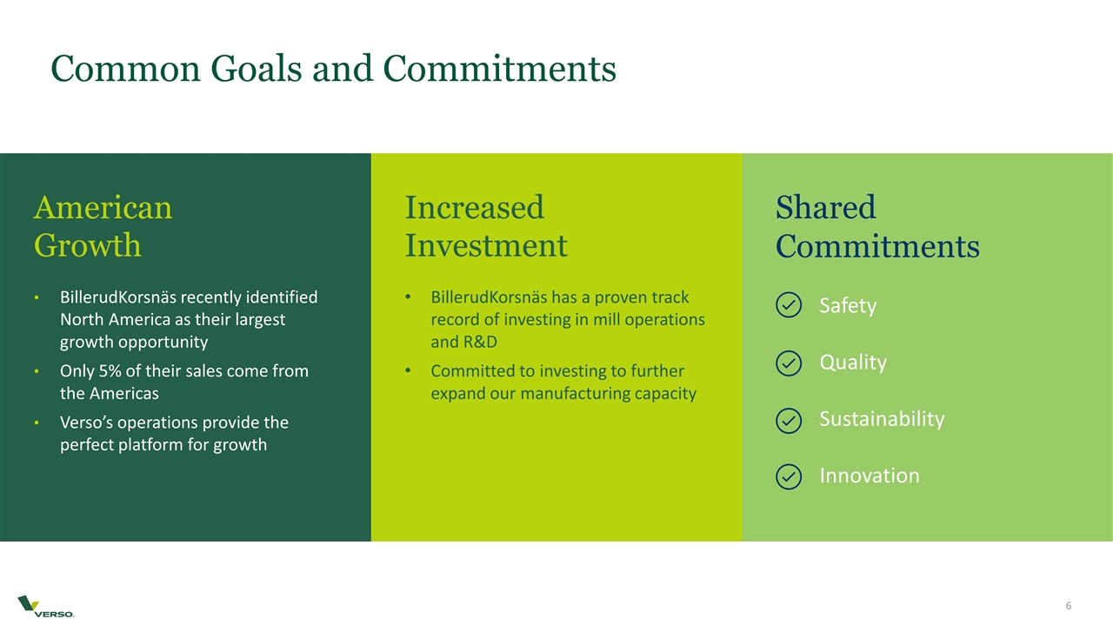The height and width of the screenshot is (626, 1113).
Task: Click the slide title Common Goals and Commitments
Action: pos(333,69)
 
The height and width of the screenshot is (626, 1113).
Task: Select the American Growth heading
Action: pos(103,226)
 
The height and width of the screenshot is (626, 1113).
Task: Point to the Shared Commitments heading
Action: pos(876,227)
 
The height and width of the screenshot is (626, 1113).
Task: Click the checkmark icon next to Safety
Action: pos(788,306)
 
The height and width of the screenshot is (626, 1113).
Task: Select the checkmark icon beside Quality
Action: pos(788,363)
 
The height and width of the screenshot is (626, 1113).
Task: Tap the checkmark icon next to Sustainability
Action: pos(788,420)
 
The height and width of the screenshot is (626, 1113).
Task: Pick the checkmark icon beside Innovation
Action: pos(788,476)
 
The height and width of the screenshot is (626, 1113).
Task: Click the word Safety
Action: pos(848,306)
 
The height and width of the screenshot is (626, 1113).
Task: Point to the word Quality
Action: pos(853,363)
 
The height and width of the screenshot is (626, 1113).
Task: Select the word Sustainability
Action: pos(882,419)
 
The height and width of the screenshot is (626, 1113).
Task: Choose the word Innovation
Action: pos(869,476)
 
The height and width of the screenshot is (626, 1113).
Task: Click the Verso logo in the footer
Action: pos(46,606)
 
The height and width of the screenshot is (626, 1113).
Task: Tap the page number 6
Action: pos(1069,606)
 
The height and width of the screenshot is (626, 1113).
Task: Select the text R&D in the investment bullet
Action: pos(463,342)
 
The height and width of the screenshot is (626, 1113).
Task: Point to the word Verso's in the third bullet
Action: pos(87,423)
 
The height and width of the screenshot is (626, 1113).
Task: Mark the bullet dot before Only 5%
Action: pos(37,372)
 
